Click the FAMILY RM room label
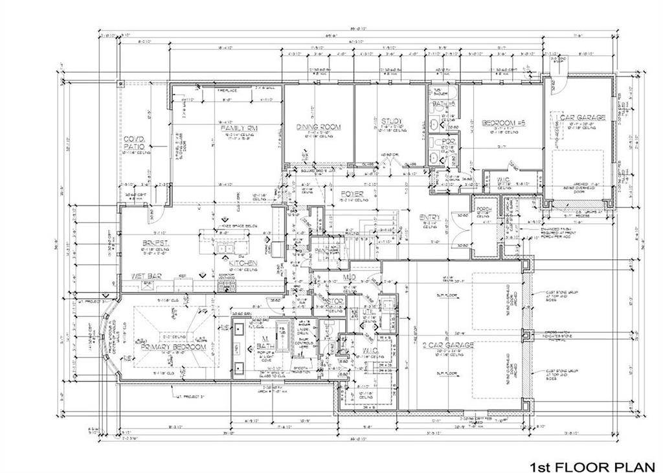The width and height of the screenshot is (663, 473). click(239, 129)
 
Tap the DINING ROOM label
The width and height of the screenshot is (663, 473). click(318, 127)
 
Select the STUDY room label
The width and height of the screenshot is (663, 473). click(391, 121)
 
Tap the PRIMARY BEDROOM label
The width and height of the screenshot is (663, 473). click(174, 347)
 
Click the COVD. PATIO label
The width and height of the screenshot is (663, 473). click(134, 143)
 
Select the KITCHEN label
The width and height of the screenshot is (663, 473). click(242, 263)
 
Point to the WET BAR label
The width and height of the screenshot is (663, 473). click(146, 277)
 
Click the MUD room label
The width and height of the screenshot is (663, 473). click(348, 277)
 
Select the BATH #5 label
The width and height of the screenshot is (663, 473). click(442, 104)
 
